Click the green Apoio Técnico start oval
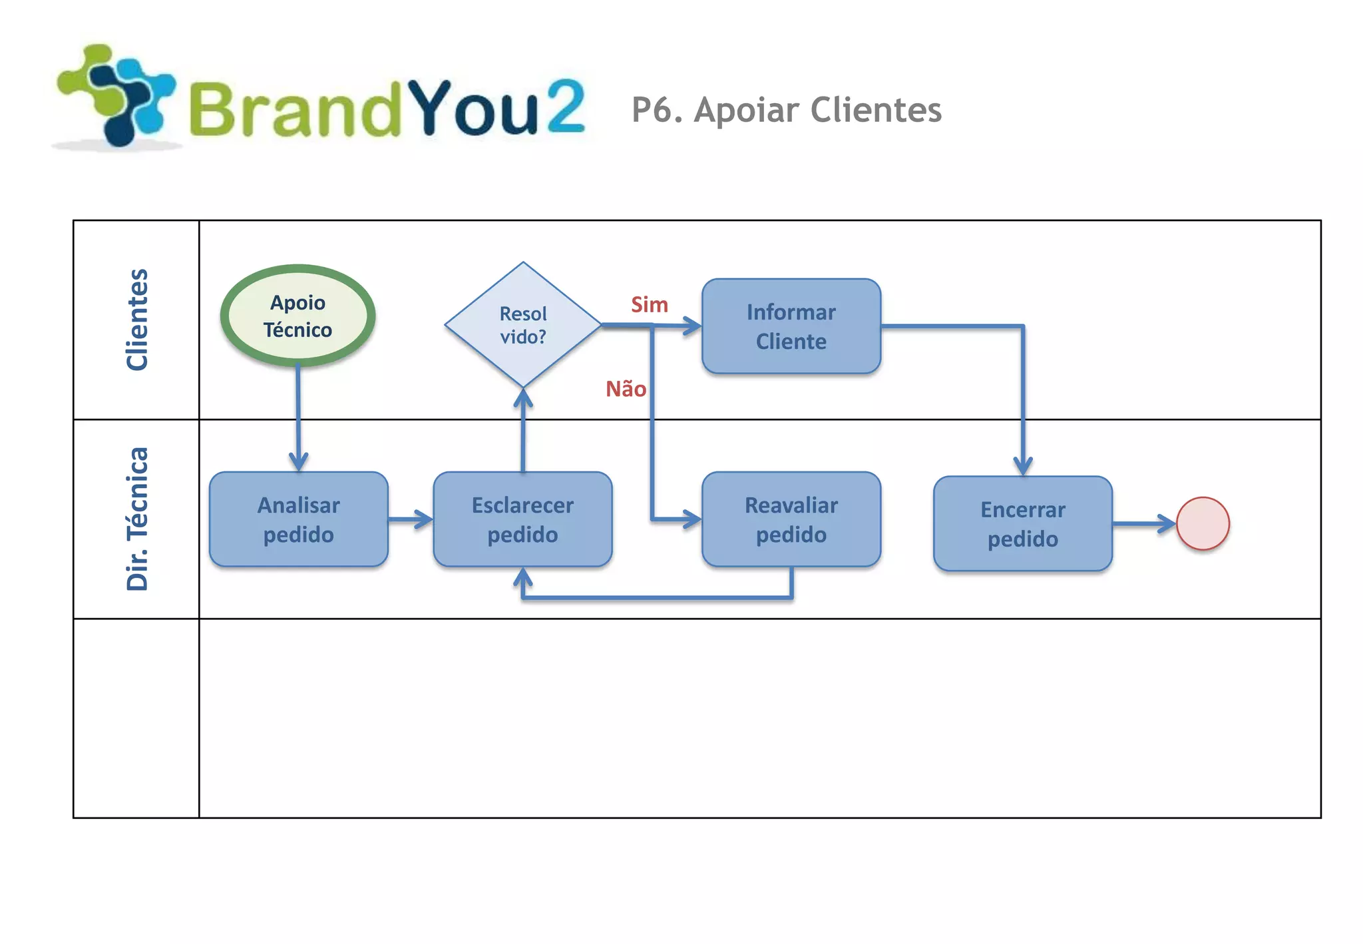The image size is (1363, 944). point(297,316)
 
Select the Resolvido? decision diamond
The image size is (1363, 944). point(523,325)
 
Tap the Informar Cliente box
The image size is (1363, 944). point(791,326)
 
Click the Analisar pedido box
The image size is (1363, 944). point(298,519)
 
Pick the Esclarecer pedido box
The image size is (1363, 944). point(522,519)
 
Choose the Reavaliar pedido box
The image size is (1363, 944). point(791,519)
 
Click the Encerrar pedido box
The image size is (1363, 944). point(1022,524)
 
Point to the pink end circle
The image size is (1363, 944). point(1203,524)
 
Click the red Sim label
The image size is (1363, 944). point(649,305)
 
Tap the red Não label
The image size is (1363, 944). point(625,389)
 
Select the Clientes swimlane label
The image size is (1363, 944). point(137,320)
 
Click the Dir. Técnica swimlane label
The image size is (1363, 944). point(137,519)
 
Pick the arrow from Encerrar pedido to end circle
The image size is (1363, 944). point(1145,524)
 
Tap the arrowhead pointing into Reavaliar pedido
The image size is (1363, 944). point(692,519)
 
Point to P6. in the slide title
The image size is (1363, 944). point(657,110)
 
